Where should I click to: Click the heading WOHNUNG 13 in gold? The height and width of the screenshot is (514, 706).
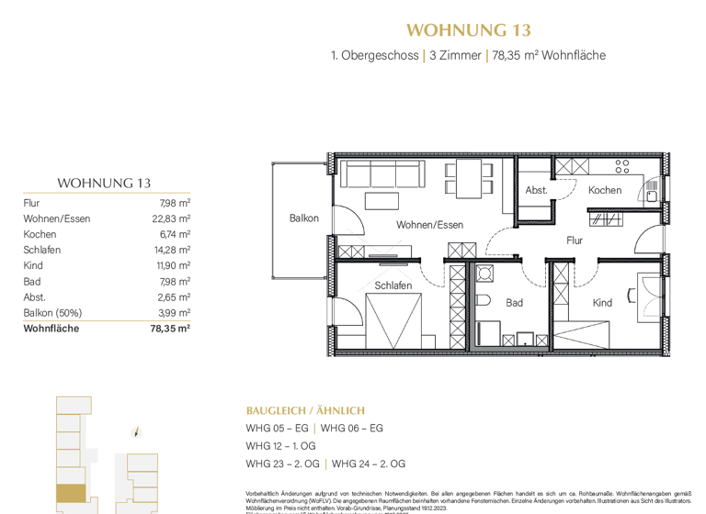468,30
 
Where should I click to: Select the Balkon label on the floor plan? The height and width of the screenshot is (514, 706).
304,218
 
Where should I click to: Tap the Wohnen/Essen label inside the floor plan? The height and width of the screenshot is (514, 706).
429,225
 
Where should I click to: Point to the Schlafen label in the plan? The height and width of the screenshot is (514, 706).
393,285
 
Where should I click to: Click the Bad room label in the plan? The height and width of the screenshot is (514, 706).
514,302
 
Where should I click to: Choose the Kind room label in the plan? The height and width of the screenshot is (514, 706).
602,302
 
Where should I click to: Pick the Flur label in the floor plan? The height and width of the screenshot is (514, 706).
575,240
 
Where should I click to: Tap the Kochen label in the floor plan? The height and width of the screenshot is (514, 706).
605,191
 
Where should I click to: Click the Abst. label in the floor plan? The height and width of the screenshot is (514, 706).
536,191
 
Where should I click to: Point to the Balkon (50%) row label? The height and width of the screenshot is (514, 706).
51,313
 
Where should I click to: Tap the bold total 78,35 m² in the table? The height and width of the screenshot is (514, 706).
169,329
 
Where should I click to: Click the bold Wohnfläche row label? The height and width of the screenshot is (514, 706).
51,329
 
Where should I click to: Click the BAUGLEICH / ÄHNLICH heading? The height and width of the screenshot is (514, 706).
305,410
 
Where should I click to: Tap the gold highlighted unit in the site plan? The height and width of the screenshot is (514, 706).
71,494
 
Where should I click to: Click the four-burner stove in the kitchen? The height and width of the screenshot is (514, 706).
622,166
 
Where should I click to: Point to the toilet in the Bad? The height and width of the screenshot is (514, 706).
484,302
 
